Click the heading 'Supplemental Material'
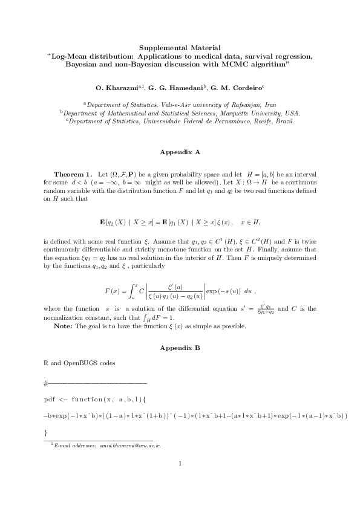coord(180,47)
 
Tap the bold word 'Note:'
coord(64,326)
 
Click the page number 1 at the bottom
coord(180,464)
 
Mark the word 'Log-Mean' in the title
coord(71,55)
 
